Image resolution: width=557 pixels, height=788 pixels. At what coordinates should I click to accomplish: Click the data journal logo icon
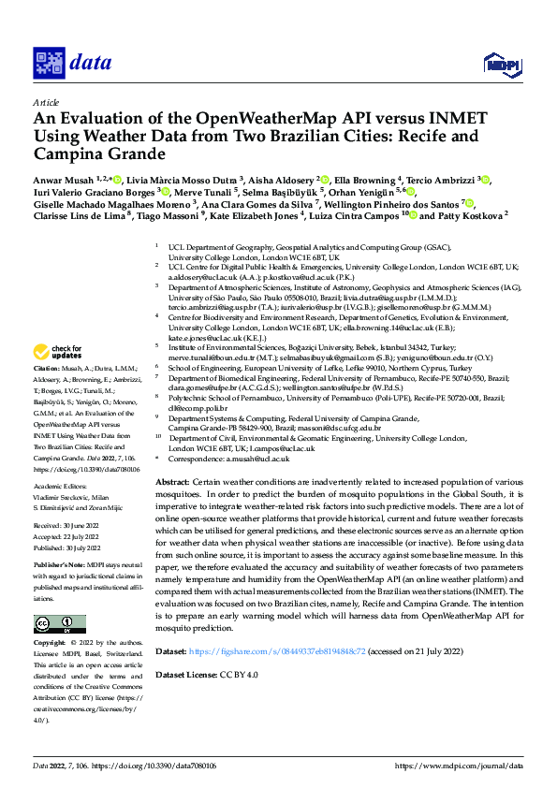coord(49,62)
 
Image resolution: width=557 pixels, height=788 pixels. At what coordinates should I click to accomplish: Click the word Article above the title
coord(46,102)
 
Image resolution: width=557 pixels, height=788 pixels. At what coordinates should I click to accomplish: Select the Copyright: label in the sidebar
coord(50,618)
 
